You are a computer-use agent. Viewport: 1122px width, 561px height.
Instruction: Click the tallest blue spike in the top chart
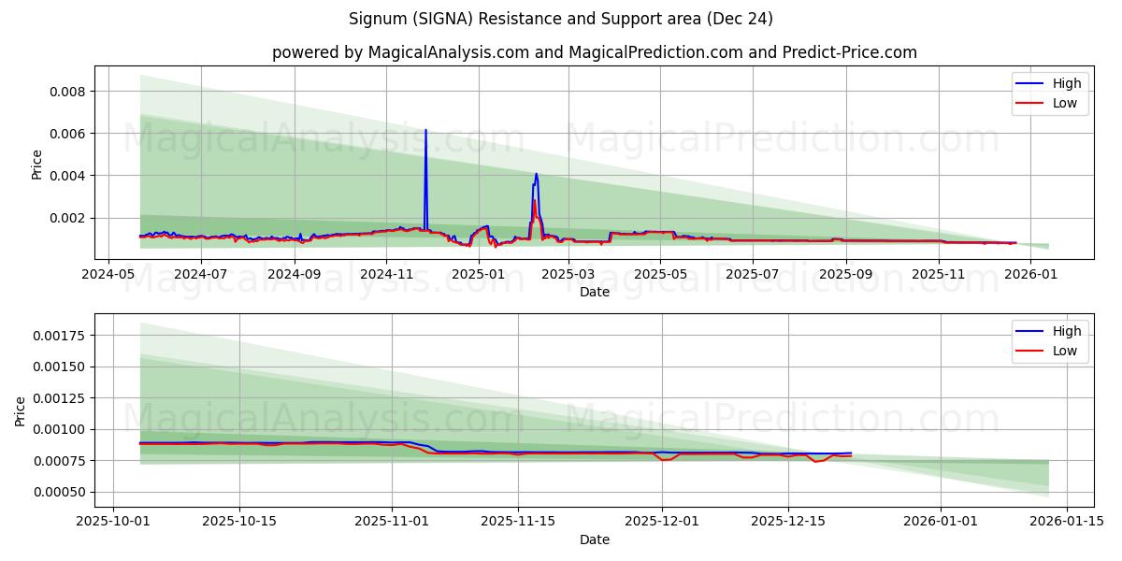(x=425, y=132)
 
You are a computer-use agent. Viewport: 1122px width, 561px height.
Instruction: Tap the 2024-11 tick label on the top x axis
(x=386, y=274)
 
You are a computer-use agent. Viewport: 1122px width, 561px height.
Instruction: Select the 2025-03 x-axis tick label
(x=568, y=274)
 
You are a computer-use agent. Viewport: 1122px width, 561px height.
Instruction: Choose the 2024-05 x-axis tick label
(x=108, y=274)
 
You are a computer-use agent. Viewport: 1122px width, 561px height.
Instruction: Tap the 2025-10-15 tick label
(x=239, y=522)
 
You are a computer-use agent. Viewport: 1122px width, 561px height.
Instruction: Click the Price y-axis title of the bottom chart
(x=22, y=411)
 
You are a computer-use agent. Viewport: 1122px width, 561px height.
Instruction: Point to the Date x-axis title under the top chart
(x=595, y=292)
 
